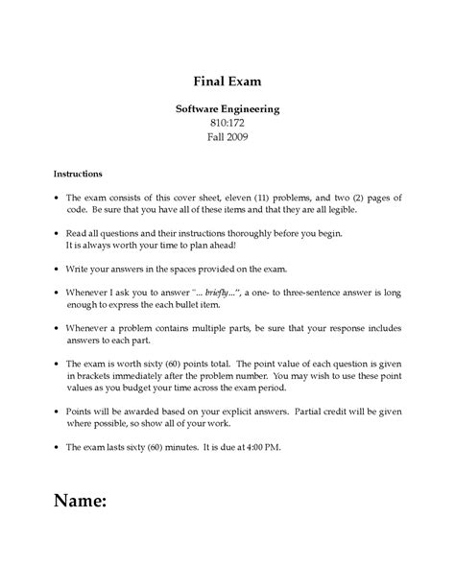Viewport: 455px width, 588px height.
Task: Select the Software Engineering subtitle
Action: [227, 109]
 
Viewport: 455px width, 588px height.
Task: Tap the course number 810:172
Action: [227, 125]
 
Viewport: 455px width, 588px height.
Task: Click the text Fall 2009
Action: [227, 140]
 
